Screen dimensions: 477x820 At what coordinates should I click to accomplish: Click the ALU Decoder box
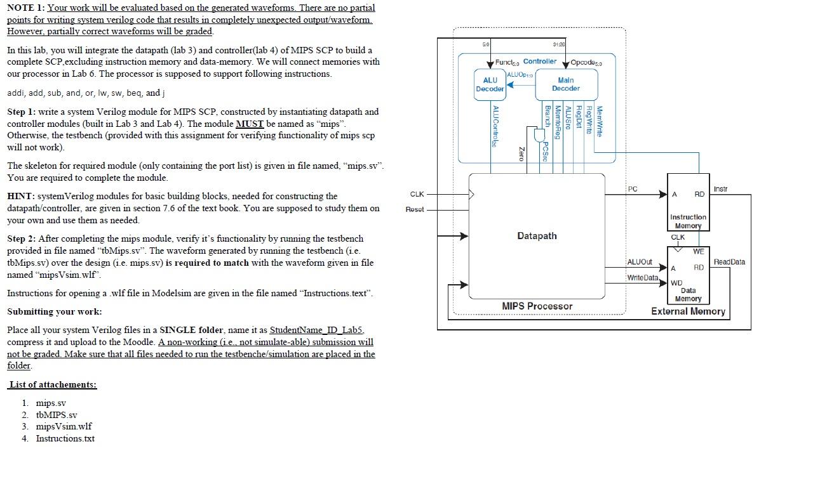tap(490, 84)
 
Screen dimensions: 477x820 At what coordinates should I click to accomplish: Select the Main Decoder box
tap(565, 84)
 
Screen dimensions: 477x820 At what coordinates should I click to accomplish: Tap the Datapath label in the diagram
tap(537, 236)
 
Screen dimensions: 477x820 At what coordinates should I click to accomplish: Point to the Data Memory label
tap(688, 294)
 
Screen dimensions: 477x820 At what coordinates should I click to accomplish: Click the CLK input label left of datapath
tap(417, 194)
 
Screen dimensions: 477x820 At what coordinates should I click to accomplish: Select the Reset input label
tap(415, 209)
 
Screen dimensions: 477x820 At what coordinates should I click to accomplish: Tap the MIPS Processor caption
tap(537, 306)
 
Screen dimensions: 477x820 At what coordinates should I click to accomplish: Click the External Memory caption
tap(688, 311)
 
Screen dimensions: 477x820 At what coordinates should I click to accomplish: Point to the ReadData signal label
tap(729, 262)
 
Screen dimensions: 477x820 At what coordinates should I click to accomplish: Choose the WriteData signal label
tap(642, 278)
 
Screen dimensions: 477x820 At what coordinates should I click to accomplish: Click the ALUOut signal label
tap(640, 262)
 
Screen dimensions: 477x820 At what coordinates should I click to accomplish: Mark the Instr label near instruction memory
tap(720, 189)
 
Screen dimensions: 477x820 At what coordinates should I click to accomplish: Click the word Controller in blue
tap(539, 62)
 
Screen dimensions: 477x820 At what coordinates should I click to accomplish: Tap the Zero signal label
tap(521, 154)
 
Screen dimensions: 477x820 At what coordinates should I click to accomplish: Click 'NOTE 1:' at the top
tap(26, 8)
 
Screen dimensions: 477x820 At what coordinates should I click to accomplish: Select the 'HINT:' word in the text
tap(21, 196)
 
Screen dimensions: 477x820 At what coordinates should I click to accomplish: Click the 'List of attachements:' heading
tap(53, 384)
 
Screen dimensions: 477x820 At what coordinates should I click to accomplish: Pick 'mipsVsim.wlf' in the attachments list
tap(64, 426)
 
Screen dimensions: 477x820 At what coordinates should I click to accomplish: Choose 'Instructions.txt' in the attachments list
tap(65, 438)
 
